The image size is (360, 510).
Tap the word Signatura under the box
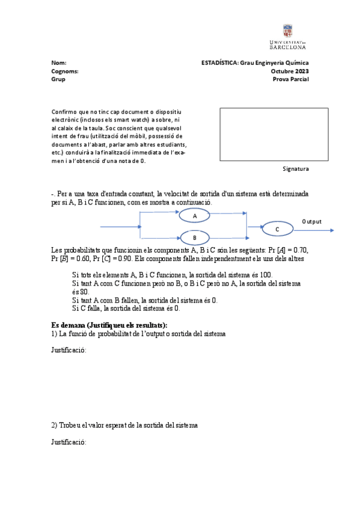pos(295,169)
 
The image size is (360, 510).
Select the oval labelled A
pos(195,215)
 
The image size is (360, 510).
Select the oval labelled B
pos(195,237)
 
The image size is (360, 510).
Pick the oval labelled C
pos(277,229)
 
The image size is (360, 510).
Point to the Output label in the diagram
pos(311,221)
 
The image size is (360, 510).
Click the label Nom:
pos(59,63)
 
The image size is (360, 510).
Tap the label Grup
pos(58,79)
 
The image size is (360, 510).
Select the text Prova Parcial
pos(290,79)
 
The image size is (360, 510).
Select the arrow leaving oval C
pos(316,229)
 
